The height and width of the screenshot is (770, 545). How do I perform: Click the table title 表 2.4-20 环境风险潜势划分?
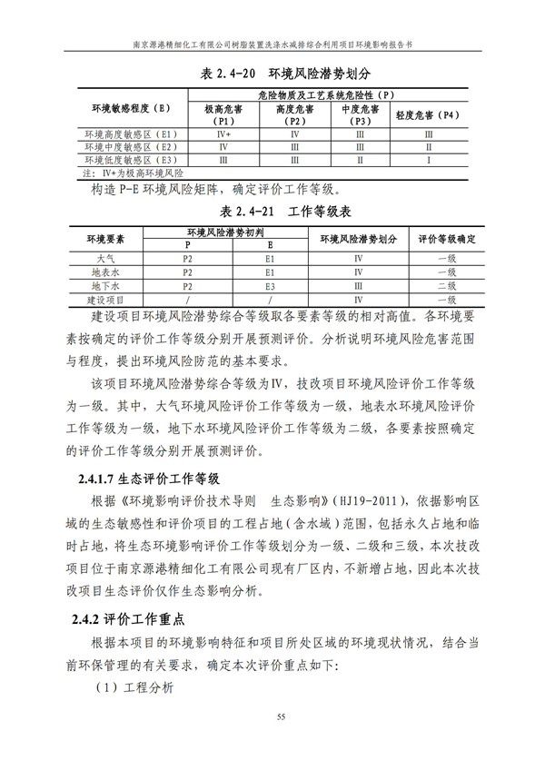tap(272, 71)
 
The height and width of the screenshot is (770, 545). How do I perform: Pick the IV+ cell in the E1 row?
tap(223, 134)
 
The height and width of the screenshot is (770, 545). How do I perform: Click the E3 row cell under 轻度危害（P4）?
tap(429, 159)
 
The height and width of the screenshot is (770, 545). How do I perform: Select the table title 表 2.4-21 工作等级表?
tap(272, 211)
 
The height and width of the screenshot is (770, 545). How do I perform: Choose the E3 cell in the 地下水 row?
tap(270, 285)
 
